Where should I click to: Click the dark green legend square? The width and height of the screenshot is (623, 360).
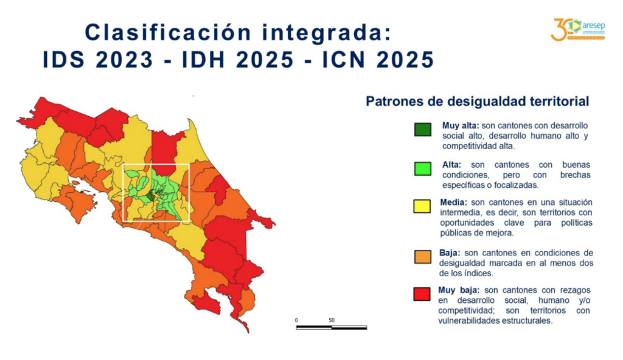423,130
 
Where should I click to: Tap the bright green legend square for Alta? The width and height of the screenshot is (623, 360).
423,168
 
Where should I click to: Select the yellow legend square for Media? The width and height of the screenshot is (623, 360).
422,206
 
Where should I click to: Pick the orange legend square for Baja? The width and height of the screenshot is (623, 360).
423,257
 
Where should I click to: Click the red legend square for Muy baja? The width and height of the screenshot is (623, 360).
422,294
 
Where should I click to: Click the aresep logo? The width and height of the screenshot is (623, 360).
578,29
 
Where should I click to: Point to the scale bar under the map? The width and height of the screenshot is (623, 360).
332,328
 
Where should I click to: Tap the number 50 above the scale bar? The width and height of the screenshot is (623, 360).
332,320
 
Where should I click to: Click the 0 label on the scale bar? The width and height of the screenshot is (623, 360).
296,320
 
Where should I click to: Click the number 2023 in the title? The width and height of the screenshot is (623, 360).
125,60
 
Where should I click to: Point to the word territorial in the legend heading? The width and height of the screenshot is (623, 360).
560,102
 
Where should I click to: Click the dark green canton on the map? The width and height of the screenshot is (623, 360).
151,196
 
